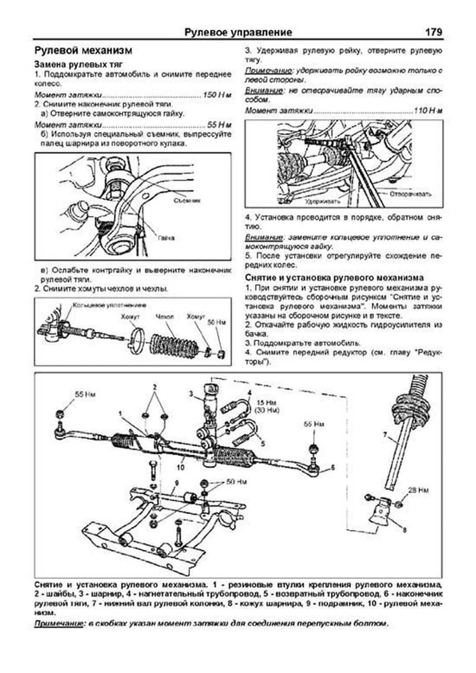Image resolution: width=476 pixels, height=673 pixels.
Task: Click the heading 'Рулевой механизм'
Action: point(83,51)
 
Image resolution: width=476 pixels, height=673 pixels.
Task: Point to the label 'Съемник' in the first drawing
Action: point(187,201)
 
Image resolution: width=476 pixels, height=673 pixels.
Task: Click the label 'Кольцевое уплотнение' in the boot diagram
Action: point(109,305)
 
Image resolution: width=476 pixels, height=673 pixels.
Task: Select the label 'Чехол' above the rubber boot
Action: point(165,317)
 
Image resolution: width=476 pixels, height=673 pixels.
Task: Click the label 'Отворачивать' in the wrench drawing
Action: point(410,194)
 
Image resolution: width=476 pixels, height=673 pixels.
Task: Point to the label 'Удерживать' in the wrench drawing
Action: point(322,201)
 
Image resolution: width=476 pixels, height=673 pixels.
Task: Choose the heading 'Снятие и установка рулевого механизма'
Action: point(334,278)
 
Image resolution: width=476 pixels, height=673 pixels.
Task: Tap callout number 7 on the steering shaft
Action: point(385,435)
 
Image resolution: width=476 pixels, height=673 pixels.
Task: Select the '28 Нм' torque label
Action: point(418,491)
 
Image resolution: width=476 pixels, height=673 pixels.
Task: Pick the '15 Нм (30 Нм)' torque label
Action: point(267,406)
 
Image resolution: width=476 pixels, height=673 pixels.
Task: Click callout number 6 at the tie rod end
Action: point(332,468)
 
